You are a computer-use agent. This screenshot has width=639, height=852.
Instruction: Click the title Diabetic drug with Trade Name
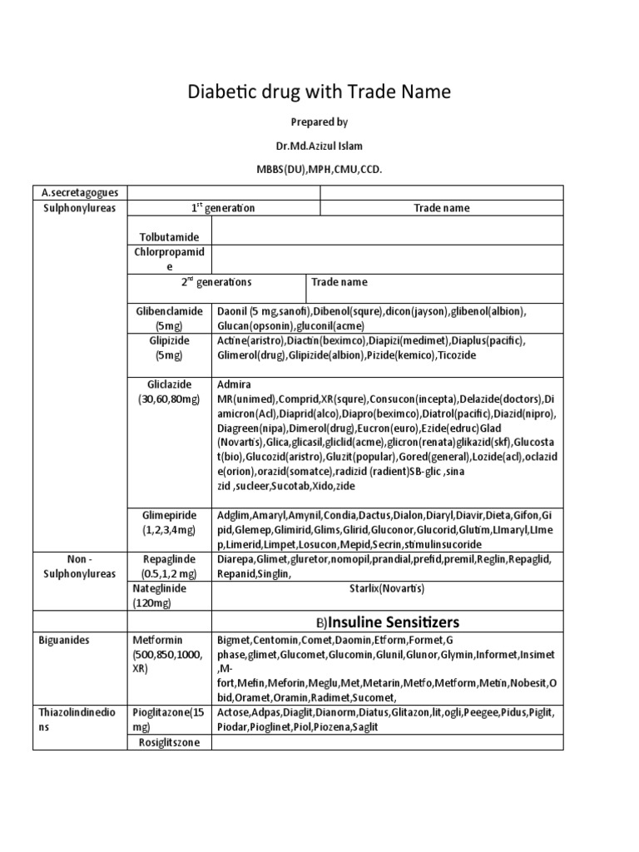coord(319,92)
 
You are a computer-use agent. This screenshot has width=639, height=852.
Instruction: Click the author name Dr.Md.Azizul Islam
coord(319,146)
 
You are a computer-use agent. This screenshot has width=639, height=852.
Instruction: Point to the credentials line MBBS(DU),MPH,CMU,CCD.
coord(319,169)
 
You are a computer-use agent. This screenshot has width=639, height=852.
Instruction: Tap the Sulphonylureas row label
coord(80,207)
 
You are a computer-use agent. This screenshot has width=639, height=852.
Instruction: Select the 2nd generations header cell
coord(218,282)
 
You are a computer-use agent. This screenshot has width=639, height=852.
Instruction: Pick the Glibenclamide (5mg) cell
coord(170,318)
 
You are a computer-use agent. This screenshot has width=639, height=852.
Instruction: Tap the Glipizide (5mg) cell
coord(170,348)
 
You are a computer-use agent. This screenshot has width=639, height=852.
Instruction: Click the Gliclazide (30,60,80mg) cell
coord(170,392)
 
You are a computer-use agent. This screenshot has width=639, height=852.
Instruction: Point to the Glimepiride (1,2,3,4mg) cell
coord(170,521)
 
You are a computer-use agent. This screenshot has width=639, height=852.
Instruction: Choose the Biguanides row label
coord(65,641)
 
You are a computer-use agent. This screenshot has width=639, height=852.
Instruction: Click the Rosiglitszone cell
coord(170,742)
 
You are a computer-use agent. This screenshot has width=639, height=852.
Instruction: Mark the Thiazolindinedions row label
coord(80,720)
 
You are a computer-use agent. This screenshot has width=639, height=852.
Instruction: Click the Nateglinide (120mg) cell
coord(160,595)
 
